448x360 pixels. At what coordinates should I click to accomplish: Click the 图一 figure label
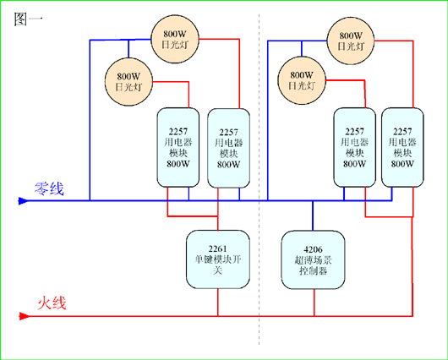(x=28, y=19)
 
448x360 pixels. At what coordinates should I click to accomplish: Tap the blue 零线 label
(x=49, y=188)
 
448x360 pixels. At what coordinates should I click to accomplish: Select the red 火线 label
(x=52, y=303)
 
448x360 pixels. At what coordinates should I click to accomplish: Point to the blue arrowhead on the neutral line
(x=23, y=201)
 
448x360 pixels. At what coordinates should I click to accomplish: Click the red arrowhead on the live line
(x=24, y=316)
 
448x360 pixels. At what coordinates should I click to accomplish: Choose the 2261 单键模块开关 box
(x=218, y=259)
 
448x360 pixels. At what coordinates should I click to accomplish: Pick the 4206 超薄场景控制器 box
(x=313, y=260)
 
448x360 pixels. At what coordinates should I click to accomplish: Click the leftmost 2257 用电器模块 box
(x=178, y=147)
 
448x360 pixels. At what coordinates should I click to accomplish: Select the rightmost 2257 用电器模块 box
(x=402, y=147)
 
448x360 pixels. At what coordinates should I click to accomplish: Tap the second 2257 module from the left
(x=228, y=148)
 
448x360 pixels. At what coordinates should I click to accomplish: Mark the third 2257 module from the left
(x=354, y=147)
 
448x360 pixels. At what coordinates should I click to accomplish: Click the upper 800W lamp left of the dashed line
(x=175, y=39)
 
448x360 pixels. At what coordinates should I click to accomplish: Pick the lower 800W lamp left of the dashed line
(x=128, y=82)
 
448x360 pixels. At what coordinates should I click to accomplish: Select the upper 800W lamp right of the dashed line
(x=351, y=41)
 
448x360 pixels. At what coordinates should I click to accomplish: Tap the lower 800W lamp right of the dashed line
(x=302, y=80)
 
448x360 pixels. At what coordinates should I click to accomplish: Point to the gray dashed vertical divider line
(x=260, y=179)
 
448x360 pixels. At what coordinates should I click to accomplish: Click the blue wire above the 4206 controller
(x=313, y=215)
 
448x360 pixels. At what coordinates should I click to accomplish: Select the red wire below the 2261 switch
(x=218, y=303)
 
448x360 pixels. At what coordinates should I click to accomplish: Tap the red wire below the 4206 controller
(x=314, y=303)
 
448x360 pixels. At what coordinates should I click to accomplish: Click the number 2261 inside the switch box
(x=217, y=248)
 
